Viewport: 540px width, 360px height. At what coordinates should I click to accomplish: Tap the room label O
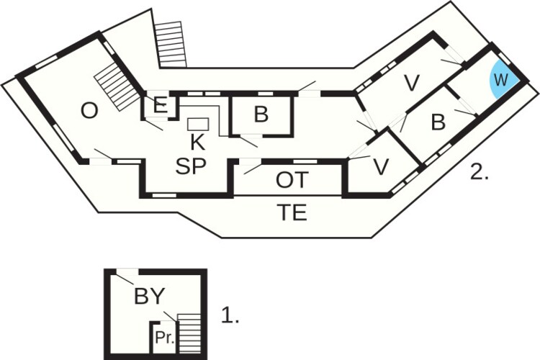point(89,111)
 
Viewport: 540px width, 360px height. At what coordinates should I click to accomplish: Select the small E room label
point(161,106)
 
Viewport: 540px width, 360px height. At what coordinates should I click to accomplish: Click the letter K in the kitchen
point(197,141)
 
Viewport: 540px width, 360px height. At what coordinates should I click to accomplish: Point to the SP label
point(191,166)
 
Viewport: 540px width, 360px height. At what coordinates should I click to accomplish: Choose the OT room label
point(292,181)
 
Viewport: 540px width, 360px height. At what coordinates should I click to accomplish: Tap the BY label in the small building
point(149,295)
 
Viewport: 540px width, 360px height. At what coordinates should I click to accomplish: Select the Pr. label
point(165,337)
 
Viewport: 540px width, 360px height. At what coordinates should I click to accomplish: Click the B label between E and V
point(261,115)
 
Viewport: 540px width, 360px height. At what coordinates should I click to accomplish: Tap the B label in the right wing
point(438,122)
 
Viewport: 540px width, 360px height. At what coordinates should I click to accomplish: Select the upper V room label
point(411,84)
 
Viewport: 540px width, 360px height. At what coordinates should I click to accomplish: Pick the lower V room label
point(381,167)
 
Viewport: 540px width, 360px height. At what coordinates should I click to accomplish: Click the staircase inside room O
point(116,86)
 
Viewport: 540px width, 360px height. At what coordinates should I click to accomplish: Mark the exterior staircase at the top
point(171,44)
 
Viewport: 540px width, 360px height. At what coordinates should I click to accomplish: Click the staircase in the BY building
point(189,333)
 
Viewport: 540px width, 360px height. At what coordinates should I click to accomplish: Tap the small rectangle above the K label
point(198,123)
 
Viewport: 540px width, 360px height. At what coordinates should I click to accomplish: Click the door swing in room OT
point(251,167)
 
